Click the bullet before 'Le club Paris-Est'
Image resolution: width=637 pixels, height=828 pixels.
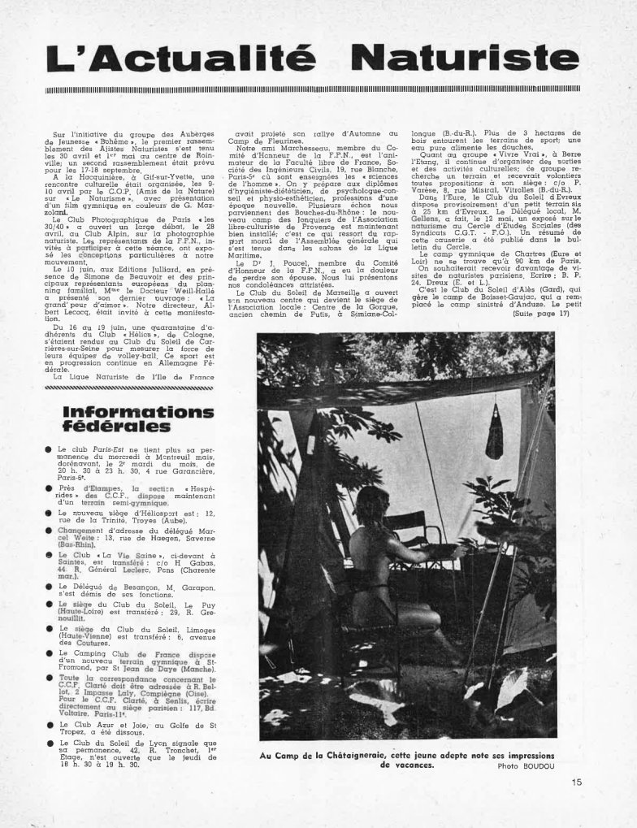[50, 449]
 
